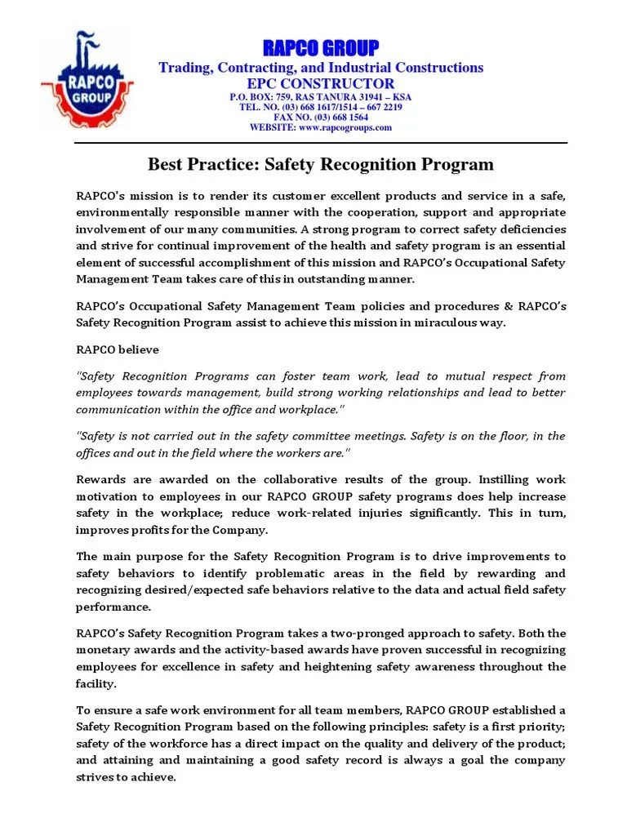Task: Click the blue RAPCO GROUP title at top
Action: [x=320, y=47]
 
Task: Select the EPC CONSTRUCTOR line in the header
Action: [x=320, y=83]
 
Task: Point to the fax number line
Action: [x=320, y=117]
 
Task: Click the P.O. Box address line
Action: [x=320, y=97]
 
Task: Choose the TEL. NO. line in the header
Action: [x=320, y=107]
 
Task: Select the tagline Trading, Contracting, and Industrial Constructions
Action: [x=320, y=67]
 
